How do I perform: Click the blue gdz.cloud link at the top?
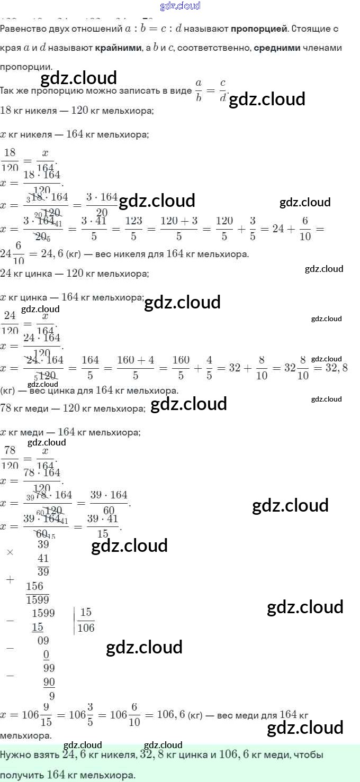180,6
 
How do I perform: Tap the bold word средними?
277,48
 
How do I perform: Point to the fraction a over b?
199,90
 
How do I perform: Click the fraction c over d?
223,90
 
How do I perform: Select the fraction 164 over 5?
91,367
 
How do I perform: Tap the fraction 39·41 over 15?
100,526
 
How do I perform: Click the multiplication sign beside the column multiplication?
10,552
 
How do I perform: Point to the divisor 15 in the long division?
86,614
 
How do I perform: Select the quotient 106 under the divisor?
86,628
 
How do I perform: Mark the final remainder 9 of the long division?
51,696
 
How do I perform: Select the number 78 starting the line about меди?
7,408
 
